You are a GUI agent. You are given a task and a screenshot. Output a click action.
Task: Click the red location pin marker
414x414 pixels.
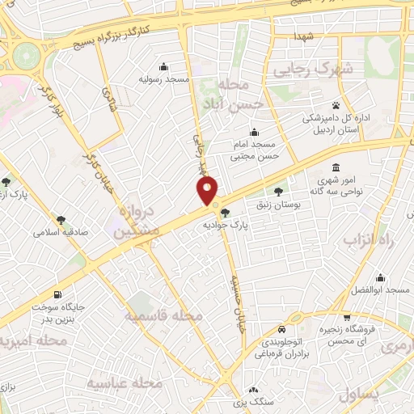coord(207,192)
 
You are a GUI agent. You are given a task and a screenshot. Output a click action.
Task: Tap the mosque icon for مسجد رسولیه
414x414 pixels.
coord(165,66)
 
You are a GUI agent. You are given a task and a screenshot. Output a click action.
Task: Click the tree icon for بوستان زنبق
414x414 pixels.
coord(279,192)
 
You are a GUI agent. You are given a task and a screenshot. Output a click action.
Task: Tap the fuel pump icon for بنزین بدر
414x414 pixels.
coord(57,294)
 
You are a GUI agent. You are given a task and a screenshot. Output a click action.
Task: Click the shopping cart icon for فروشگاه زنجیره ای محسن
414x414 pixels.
coord(346,317)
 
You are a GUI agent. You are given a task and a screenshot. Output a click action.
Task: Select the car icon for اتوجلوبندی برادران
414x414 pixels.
coord(280,330)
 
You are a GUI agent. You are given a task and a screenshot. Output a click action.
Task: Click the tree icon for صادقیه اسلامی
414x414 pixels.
coord(61,218)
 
